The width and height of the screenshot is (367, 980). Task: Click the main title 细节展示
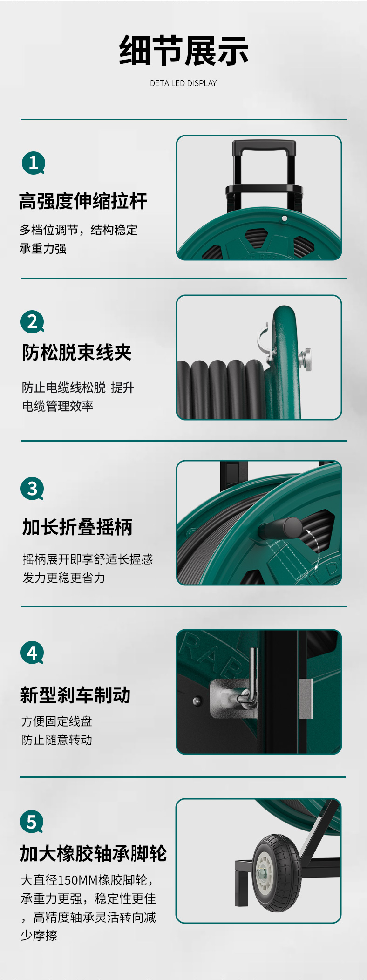pyautogui.click(x=183, y=51)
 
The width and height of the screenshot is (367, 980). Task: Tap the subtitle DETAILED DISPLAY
pyautogui.click(x=183, y=83)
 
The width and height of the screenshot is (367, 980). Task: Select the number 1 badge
pyautogui.click(x=34, y=163)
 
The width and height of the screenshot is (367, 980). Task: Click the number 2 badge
pyautogui.click(x=32, y=322)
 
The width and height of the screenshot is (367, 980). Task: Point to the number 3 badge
pyautogui.click(x=32, y=489)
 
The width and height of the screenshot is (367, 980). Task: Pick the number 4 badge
pyautogui.click(x=32, y=653)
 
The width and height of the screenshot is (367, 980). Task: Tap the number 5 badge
pyautogui.click(x=32, y=822)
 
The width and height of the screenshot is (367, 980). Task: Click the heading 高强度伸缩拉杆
pyautogui.click(x=83, y=201)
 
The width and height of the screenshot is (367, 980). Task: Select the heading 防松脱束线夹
pyautogui.click(x=77, y=353)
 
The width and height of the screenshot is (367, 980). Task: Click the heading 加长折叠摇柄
pyautogui.click(x=77, y=527)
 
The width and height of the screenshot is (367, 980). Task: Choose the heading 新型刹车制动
pyautogui.click(x=75, y=695)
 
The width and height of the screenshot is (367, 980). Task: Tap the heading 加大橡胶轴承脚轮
pyautogui.click(x=94, y=853)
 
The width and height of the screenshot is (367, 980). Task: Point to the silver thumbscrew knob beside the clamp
pyautogui.click(x=306, y=360)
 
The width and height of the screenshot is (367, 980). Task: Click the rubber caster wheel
pyautogui.click(x=277, y=873)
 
